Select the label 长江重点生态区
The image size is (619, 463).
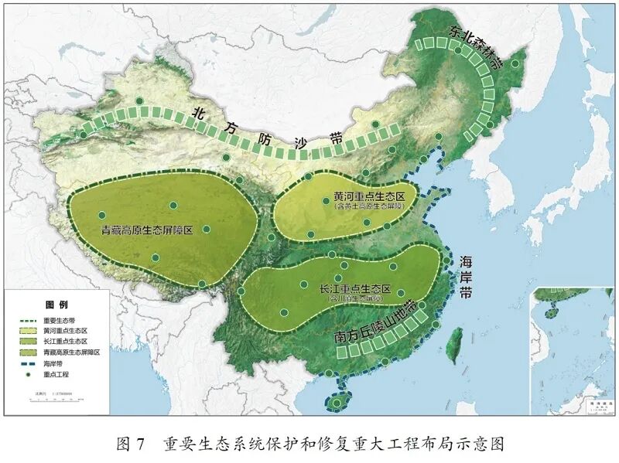click(x=349, y=288)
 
